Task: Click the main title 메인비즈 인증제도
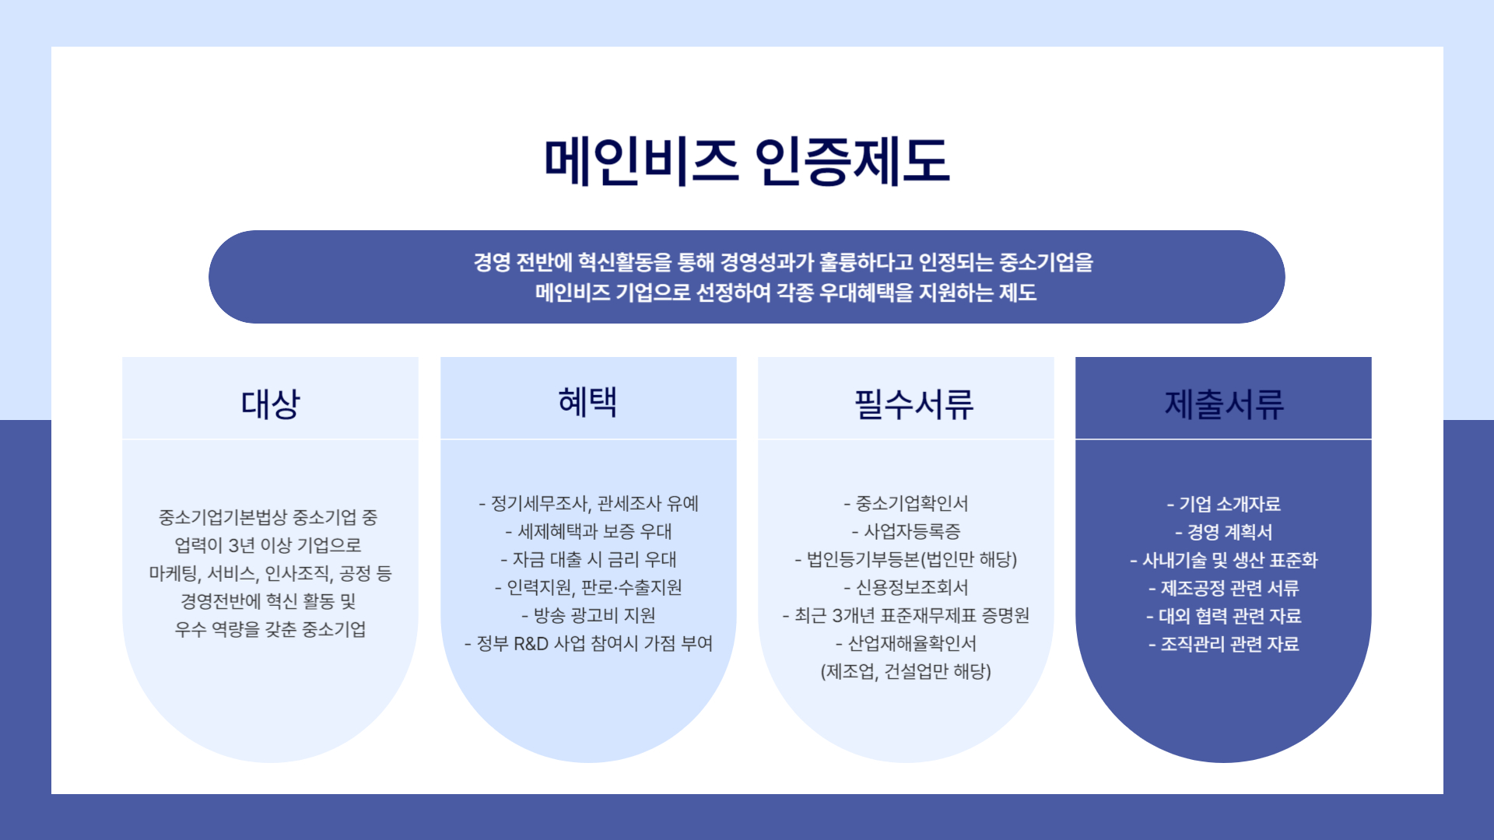click(747, 161)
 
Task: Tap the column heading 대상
click(270, 404)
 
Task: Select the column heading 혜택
click(588, 402)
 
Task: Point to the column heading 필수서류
click(914, 404)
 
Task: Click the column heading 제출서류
click(1224, 404)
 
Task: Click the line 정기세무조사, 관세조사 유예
click(588, 504)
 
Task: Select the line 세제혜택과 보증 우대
click(588, 532)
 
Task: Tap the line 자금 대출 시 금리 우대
click(588, 560)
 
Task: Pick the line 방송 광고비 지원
click(588, 616)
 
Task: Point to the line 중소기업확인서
click(906, 504)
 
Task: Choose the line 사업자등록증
click(906, 532)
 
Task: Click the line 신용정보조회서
click(906, 588)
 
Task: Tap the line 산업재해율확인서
click(906, 644)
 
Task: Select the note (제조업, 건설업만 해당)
click(906, 672)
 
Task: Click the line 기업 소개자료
click(1224, 504)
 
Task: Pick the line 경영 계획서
click(1224, 532)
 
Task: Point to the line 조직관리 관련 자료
click(1224, 644)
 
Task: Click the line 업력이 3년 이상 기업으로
click(268, 545)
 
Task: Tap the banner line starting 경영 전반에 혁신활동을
click(784, 263)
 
